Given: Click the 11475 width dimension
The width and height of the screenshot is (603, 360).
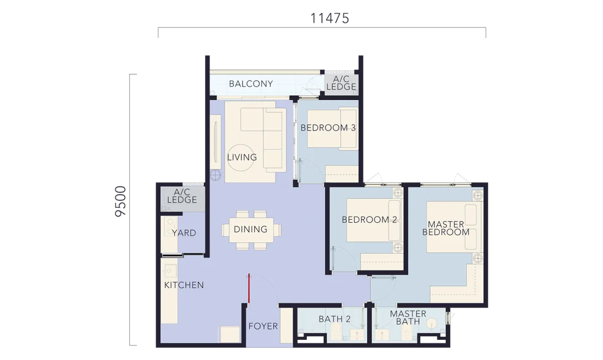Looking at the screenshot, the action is [330, 19].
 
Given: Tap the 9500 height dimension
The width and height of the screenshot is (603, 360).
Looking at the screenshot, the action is [120, 202].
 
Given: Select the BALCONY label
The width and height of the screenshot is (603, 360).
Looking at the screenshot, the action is [251, 84].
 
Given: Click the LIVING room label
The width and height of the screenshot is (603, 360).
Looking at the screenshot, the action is [242, 157].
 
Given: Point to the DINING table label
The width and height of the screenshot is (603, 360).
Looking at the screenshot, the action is [251, 229].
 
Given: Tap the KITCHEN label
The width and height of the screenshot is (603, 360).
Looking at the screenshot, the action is [184, 285].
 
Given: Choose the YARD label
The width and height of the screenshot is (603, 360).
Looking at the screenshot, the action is [184, 233].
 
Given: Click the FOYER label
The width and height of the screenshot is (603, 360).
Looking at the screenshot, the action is [263, 326].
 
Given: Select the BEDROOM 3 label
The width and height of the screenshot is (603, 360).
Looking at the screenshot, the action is [328, 128].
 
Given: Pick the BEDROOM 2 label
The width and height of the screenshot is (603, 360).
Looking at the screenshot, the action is [369, 220].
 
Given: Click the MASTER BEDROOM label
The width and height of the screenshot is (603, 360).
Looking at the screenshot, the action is [446, 228].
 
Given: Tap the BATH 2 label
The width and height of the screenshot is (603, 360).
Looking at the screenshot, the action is [335, 319].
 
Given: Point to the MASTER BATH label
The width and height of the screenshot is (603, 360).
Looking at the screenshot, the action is [408, 317].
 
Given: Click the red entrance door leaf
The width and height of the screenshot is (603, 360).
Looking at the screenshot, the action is [249, 288].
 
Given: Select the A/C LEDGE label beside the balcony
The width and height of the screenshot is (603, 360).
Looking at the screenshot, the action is [341, 83].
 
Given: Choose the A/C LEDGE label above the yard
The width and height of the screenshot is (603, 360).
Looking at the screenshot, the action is [182, 196].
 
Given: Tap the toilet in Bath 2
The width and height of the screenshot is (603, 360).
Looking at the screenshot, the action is [336, 332].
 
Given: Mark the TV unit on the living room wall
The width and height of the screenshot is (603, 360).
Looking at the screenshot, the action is [216, 142].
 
